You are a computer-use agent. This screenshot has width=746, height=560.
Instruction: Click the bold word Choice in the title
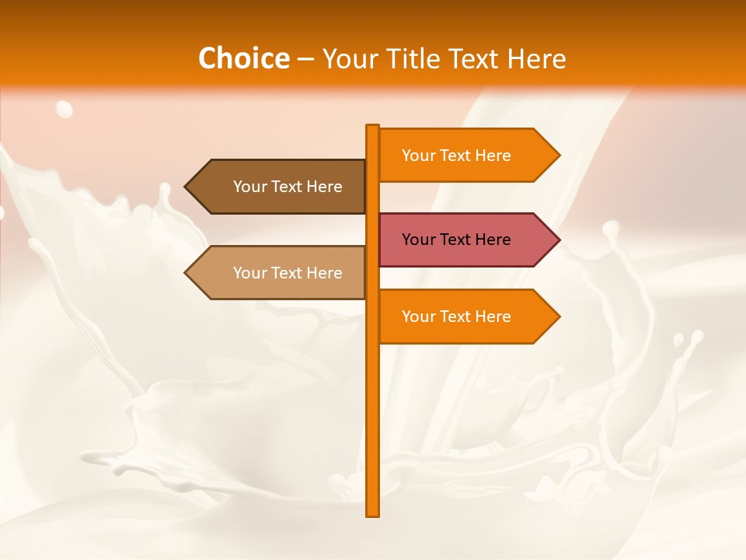(243, 59)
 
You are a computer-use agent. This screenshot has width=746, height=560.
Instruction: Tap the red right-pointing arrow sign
(466, 240)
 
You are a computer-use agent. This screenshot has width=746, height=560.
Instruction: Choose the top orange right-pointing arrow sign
(466, 156)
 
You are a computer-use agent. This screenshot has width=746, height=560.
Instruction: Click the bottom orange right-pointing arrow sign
(466, 317)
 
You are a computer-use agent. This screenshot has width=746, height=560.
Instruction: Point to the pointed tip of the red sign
(558, 240)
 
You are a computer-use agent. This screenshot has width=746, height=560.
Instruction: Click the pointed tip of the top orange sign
(558, 156)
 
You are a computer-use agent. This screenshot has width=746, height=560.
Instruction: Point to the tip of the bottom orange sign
(558, 317)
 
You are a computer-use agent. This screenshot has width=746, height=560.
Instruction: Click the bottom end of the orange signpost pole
(373, 513)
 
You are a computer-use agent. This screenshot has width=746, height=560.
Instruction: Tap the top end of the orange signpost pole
(373, 127)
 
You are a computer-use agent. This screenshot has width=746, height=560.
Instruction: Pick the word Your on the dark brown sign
(250, 187)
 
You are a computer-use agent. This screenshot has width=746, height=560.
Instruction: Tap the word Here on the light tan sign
(324, 273)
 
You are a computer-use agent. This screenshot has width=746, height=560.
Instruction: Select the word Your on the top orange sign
(419, 156)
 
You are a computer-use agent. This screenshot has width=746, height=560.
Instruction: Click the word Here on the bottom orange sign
(493, 317)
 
